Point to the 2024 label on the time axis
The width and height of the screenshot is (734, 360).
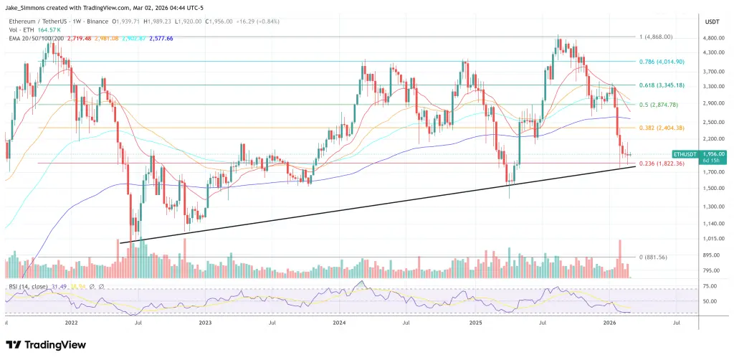point(340,323)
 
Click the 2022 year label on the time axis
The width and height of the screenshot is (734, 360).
point(72,323)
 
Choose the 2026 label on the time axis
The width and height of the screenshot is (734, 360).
point(610,323)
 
